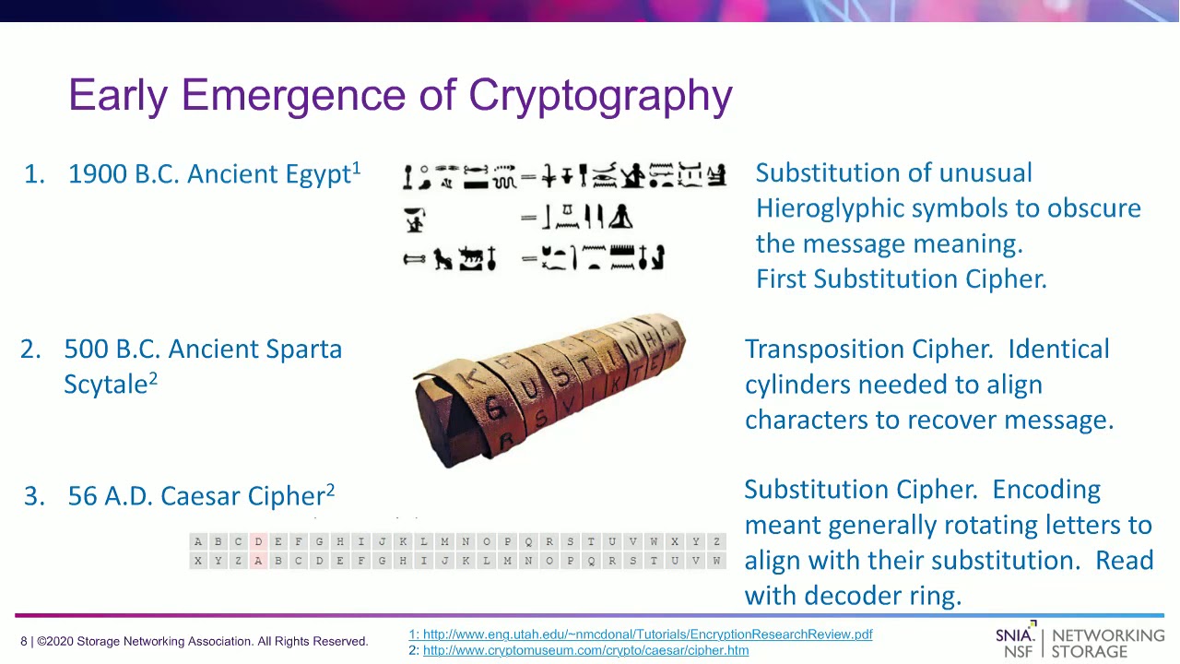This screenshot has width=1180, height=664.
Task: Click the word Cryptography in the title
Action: pyautogui.click(x=600, y=96)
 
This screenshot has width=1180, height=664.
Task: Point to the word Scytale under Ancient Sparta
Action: pyautogui.click(x=105, y=385)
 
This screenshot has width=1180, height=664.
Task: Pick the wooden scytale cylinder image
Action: pyautogui.click(x=549, y=389)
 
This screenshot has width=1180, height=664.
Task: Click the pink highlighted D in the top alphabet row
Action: pyautogui.click(x=258, y=542)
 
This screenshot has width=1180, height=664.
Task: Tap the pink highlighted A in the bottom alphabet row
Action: pyautogui.click(x=258, y=561)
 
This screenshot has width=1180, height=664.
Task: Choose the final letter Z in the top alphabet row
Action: pyautogui.click(x=716, y=542)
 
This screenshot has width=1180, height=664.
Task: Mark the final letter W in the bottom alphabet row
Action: pyautogui.click(x=716, y=561)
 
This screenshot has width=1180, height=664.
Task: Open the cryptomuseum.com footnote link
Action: pyautogui.click(x=585, y=650)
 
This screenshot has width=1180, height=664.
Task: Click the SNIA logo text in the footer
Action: pyautogui.click(x=1016, y=635)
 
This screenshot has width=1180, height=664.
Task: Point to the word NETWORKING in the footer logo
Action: pyautogui.click(x=1107, y=635)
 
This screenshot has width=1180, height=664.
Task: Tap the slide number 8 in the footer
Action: pyautogui.click(x=24, y=641)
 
